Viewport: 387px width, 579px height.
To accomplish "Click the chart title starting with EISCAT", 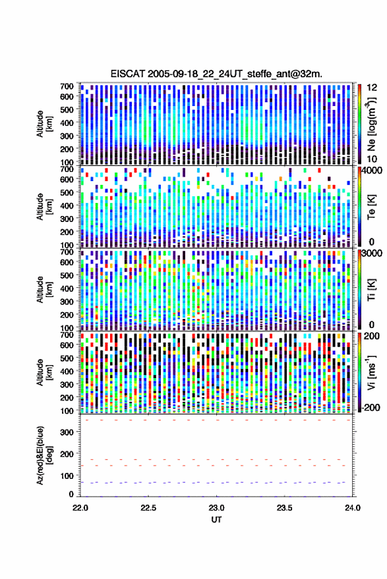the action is point(216,74).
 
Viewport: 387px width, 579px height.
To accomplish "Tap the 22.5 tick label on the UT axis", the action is point(148,508).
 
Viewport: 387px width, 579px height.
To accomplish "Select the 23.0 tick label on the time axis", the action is point(216,508).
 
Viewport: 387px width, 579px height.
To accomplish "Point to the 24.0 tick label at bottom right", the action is point(353,508).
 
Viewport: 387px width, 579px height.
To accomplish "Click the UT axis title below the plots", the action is point(216,520).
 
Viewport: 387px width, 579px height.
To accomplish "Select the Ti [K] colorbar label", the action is point(371,290).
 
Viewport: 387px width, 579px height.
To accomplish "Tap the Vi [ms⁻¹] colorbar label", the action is point(371,372).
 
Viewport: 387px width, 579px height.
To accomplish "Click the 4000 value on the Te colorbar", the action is point(370,171).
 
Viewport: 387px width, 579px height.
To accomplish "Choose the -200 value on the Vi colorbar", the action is point(369,408).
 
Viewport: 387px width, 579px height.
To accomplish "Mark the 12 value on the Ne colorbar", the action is point(372,88).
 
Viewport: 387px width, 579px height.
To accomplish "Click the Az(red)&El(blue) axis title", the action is point(44,456).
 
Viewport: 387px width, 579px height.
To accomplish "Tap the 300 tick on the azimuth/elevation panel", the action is point(67,432).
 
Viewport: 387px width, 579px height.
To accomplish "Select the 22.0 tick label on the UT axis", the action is point(80,508).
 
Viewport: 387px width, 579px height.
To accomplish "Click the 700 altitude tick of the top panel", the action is point(67,86).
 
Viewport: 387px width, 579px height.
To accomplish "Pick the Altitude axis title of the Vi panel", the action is point(44,372).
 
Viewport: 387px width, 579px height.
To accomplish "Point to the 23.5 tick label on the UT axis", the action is point(284,508).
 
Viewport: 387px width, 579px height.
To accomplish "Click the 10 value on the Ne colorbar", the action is point(372,159).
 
